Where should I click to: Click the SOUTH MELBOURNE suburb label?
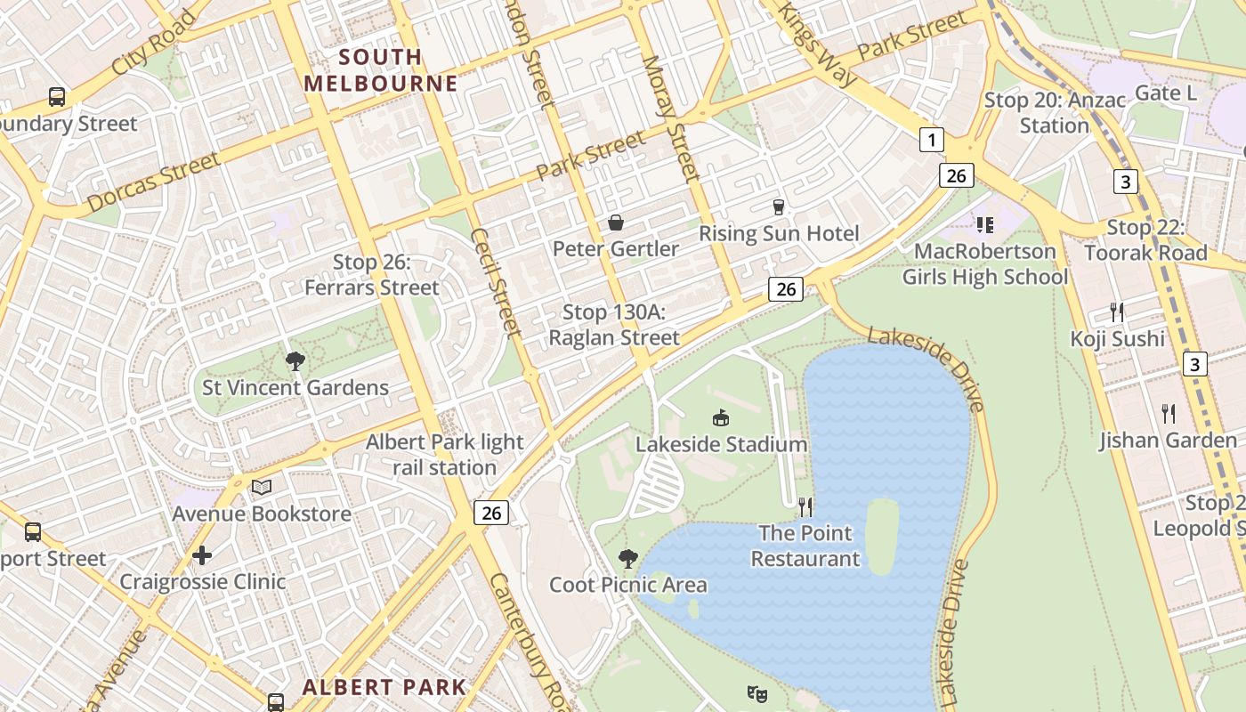point(381,70)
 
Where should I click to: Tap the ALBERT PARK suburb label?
point(384,687)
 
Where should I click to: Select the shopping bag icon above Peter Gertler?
point(615,222)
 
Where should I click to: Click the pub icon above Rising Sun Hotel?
point(779,206)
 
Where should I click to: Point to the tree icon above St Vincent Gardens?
point(295,360)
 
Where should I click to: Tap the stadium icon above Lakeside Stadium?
point(721,417)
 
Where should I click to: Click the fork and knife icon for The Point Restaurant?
point(805,507)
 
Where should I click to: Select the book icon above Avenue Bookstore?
point(261,487)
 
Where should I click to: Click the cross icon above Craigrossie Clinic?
point(202,555)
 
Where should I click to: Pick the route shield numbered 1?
point(931,140)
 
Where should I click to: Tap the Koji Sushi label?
point(1117,338)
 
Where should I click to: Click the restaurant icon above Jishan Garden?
point(1169,413)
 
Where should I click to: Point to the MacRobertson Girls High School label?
point(984,263)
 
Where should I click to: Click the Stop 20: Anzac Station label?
point(1055,113)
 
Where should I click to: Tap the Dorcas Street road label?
point(153,182)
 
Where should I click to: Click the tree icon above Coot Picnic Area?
point(628,559)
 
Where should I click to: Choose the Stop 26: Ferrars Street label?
point(372,275)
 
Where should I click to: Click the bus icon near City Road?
point(57,97)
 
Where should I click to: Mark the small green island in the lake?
point(881,536)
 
